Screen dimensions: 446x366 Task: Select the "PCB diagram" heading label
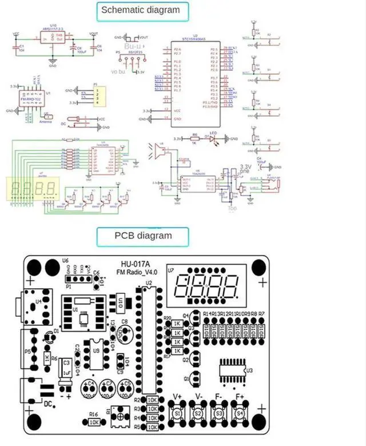(x=142, y=235)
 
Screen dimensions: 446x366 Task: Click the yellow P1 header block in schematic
(x=100, y=95)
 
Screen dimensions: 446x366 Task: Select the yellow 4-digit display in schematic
(x=33, y=188)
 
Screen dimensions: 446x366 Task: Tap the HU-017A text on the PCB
(x=135, y=264)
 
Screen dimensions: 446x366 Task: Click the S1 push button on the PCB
(x=177, y=412)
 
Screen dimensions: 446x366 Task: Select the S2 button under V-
(x=198, y=412)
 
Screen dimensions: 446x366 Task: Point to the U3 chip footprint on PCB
(x=232, y=371)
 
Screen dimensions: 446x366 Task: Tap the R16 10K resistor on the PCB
(x=94, y=422)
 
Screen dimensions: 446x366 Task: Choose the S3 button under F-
(x=218, y=412)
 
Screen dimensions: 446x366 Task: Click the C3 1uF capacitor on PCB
(x=67, y=369)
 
